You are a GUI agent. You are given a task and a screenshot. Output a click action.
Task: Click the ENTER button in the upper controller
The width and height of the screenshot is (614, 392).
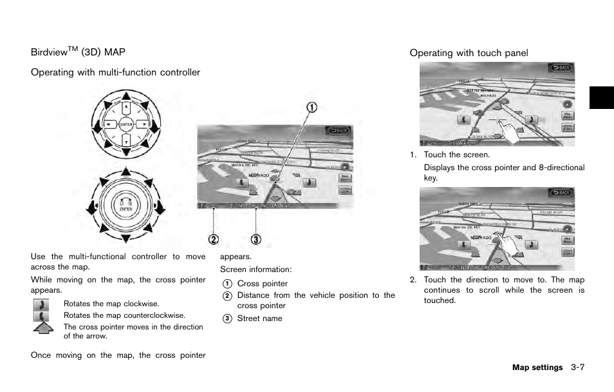pyautogui.click(x=126, y=124)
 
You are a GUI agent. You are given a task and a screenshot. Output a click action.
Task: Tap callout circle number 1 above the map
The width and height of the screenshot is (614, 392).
pyautogui.click(x=312, y=108)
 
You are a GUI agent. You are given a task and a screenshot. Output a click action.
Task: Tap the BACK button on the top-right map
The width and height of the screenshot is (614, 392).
pyautogui.click(x=561, y=68)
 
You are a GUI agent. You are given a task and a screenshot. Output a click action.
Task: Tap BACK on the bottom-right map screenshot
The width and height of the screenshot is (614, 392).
pyautogui.click(x=561, y=193)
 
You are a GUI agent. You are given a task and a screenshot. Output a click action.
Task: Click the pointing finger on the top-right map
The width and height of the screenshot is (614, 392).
pyautogui.click(x=513, y=132)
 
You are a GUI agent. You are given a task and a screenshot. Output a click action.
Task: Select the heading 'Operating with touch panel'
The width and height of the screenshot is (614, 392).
pyautogui.click(x=469, y=53)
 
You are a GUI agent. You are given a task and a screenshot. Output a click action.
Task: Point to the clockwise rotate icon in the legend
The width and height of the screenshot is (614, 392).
pyautogui.click(x=41, y=304)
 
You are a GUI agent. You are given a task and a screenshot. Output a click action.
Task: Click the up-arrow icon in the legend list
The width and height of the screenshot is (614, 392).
pyautogui.click(x=42, y=328)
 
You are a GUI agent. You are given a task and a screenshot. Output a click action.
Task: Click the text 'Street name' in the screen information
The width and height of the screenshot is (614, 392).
pyautogui.click(x=259, y=318)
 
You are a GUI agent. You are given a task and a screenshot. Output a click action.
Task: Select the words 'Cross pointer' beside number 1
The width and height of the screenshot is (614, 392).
pyautogui.click(x=263, y=284)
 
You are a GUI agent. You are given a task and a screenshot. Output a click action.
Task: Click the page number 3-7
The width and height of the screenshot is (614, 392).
pyautogui.click(x=577, y=367)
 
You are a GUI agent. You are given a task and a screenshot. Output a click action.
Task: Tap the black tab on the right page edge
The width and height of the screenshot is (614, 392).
pyautogui.click(x=601, y=97)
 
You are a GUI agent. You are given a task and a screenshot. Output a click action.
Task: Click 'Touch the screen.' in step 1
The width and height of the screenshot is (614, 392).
pyautogui.click(x=456, y=155)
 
